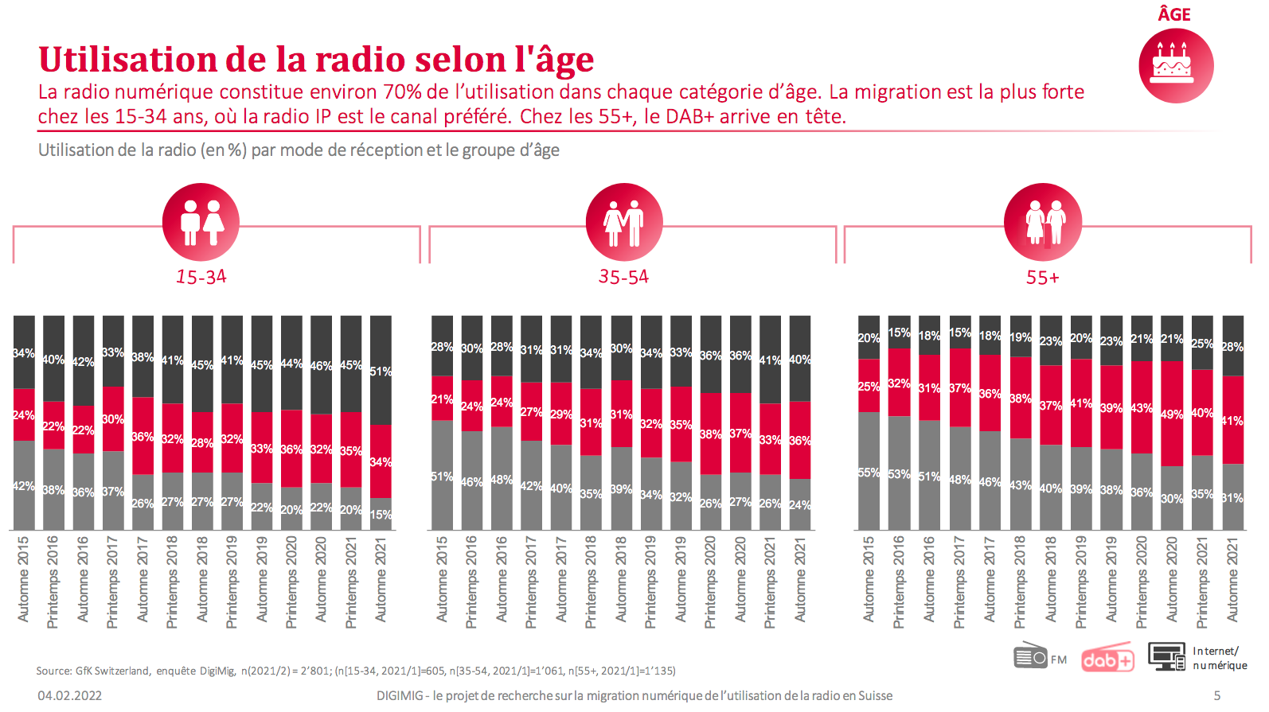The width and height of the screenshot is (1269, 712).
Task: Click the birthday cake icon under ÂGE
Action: (x=1175, y=64)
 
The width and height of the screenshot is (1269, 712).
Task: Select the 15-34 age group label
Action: (x=201, y=277)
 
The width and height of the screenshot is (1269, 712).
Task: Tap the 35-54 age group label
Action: (x=623, y=277)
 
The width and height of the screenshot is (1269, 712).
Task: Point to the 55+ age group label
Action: (x=1042, y=278)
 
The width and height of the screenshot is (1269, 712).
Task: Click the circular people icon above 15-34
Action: (x=201, y=222)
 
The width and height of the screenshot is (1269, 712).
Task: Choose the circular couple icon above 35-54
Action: (x=623, y=222)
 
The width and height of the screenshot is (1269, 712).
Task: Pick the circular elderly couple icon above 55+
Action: (x=1043, y=222)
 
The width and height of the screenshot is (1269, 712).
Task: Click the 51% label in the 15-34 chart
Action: (x=381, y=372)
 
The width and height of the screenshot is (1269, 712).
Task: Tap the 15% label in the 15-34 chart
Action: (x=381, y=515)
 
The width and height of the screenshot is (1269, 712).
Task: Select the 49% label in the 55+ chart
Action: (x=1171, y=414)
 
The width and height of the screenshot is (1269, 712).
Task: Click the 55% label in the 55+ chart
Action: (x=869, y=473)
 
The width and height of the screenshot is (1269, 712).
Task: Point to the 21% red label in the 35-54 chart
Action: (x=442, y=399)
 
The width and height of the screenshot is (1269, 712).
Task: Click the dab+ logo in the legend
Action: (x=1107, y=659)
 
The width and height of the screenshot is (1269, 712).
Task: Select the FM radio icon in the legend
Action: (x=1031, y=656)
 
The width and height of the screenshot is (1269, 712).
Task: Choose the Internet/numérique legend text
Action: (x=1219, y=658)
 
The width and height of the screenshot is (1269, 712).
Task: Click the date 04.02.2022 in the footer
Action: (x=70, y=695)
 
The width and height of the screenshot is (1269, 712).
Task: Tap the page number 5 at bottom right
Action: (x=1216, y=695)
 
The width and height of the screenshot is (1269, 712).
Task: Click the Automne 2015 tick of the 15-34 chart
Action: (x=23, y=579)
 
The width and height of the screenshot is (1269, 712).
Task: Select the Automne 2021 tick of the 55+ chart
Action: (x=1232, y=579)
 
